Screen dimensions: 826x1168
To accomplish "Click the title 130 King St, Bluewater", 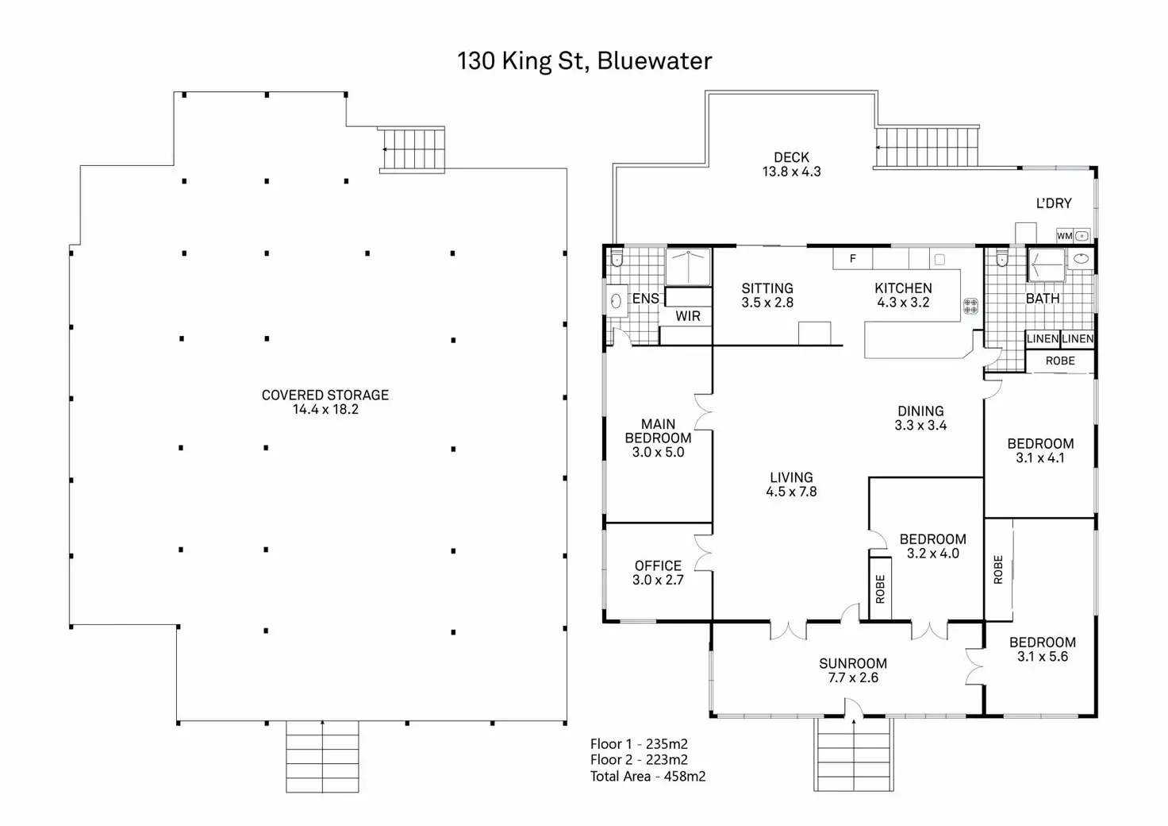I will point(584,61).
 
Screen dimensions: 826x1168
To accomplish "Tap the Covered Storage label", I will point(325,402).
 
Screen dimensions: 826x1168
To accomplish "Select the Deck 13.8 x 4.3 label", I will point(791,164).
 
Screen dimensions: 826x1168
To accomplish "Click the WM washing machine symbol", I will point(1065,236).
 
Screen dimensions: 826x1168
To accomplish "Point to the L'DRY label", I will point(1054,203).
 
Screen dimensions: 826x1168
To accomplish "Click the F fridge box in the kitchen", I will point(853,258).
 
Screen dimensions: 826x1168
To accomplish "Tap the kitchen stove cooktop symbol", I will point(970,306).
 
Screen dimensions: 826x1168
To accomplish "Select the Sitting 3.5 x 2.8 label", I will point(767,295).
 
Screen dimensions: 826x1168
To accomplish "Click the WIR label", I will point(688,316).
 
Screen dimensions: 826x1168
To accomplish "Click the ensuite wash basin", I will point(615,301).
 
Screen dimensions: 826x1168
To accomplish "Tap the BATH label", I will point(1043,299).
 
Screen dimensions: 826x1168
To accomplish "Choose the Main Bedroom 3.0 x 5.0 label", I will point(658,438).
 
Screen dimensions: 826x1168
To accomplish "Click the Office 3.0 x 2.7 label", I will point(658,573).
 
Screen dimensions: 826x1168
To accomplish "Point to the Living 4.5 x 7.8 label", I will point(791,484).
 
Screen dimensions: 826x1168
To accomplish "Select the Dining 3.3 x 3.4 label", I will point(920,418).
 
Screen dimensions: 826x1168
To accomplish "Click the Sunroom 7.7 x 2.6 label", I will point(853,670).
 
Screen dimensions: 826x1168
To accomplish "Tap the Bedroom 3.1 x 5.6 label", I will point(1043,649).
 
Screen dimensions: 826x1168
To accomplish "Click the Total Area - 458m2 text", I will point(647,777).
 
